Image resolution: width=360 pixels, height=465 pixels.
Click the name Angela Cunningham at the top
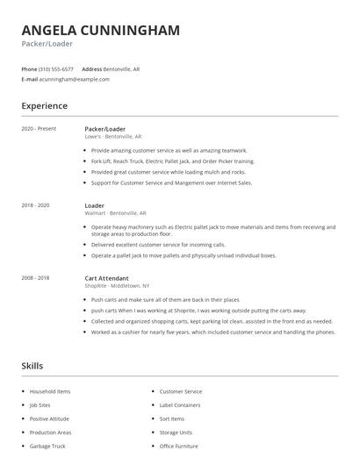pyautogui.click(x=100, y=30)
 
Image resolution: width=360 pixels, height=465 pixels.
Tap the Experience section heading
pyautogui.click(x=44, y=106)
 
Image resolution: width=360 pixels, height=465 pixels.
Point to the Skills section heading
pyautogui.click(x=32, y=366)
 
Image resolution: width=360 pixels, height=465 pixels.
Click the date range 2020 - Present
pyautogui.click(x=39, y=129)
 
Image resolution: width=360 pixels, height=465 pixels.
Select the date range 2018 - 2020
pyautogui.click(x=35, y=205)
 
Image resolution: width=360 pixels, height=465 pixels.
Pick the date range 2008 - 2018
pyautogui.click(x=35, y=278)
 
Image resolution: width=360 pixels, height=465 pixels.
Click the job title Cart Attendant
pyautogui.click(x=106, y=278)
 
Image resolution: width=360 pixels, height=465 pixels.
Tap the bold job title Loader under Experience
pyautogui.click(x=95, y=205)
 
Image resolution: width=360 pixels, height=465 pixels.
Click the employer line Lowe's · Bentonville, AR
pyautogui.click(x=112, y=137)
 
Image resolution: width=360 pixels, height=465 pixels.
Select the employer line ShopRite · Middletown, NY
pyautogui.click(x=117, y=286)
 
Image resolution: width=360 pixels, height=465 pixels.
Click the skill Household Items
pyautogui.click(x=50, y=391)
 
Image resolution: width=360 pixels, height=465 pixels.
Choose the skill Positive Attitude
pyautogui.click(x=49, y=418)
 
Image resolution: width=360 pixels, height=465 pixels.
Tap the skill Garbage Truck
pyautogui.click(x=47, y=447)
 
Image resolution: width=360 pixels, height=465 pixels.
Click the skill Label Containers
pyautogui.click(x=181, y=405)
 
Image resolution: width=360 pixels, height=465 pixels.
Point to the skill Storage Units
pyautogui.click(x=176, y=433)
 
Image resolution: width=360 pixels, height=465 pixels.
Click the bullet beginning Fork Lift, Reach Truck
pyautogui.click(x=172, y=161)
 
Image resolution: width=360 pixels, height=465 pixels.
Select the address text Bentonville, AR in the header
pyautogui.click(x=121, y=68)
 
